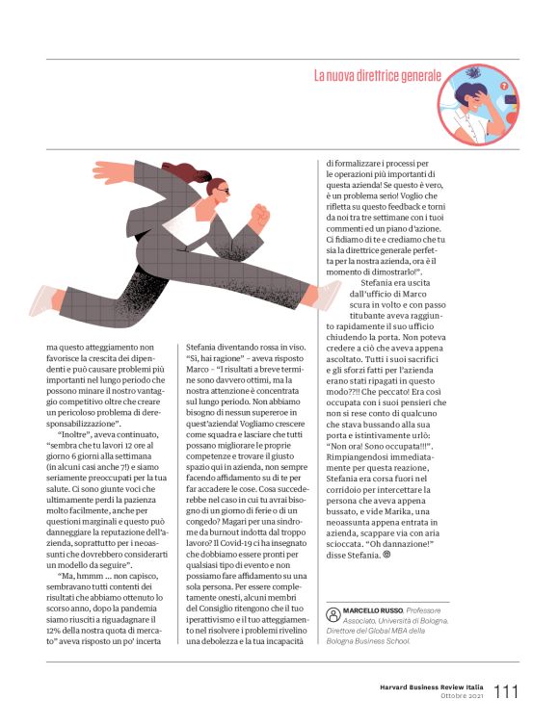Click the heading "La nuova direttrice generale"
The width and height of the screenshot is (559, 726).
(x=377, y=75)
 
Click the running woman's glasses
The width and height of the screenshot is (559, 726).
(x=223, y=191)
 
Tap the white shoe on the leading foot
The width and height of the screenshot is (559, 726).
(x=328, y=295)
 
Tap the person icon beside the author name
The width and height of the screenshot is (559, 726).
(x=333, y=613)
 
